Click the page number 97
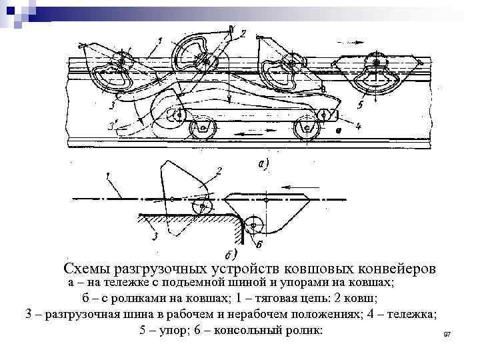[447, 333]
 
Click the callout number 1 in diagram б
[107, 177]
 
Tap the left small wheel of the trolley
[200, 127]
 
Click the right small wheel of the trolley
[307, 127]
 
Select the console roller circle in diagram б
[253, 225]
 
